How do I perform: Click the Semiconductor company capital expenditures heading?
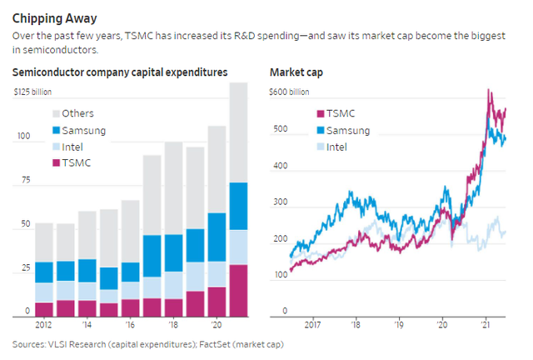[x=120, y=72]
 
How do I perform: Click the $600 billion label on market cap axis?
[x=292, y=91]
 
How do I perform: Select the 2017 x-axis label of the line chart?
[x=313, y=325]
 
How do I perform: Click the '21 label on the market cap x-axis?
[x=486, y=325]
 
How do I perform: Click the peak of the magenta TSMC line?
[x=489, y=90]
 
